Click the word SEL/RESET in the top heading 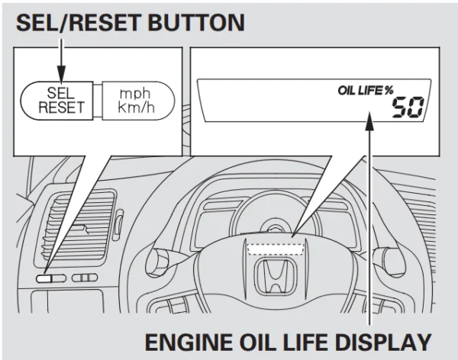pos(73,22)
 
